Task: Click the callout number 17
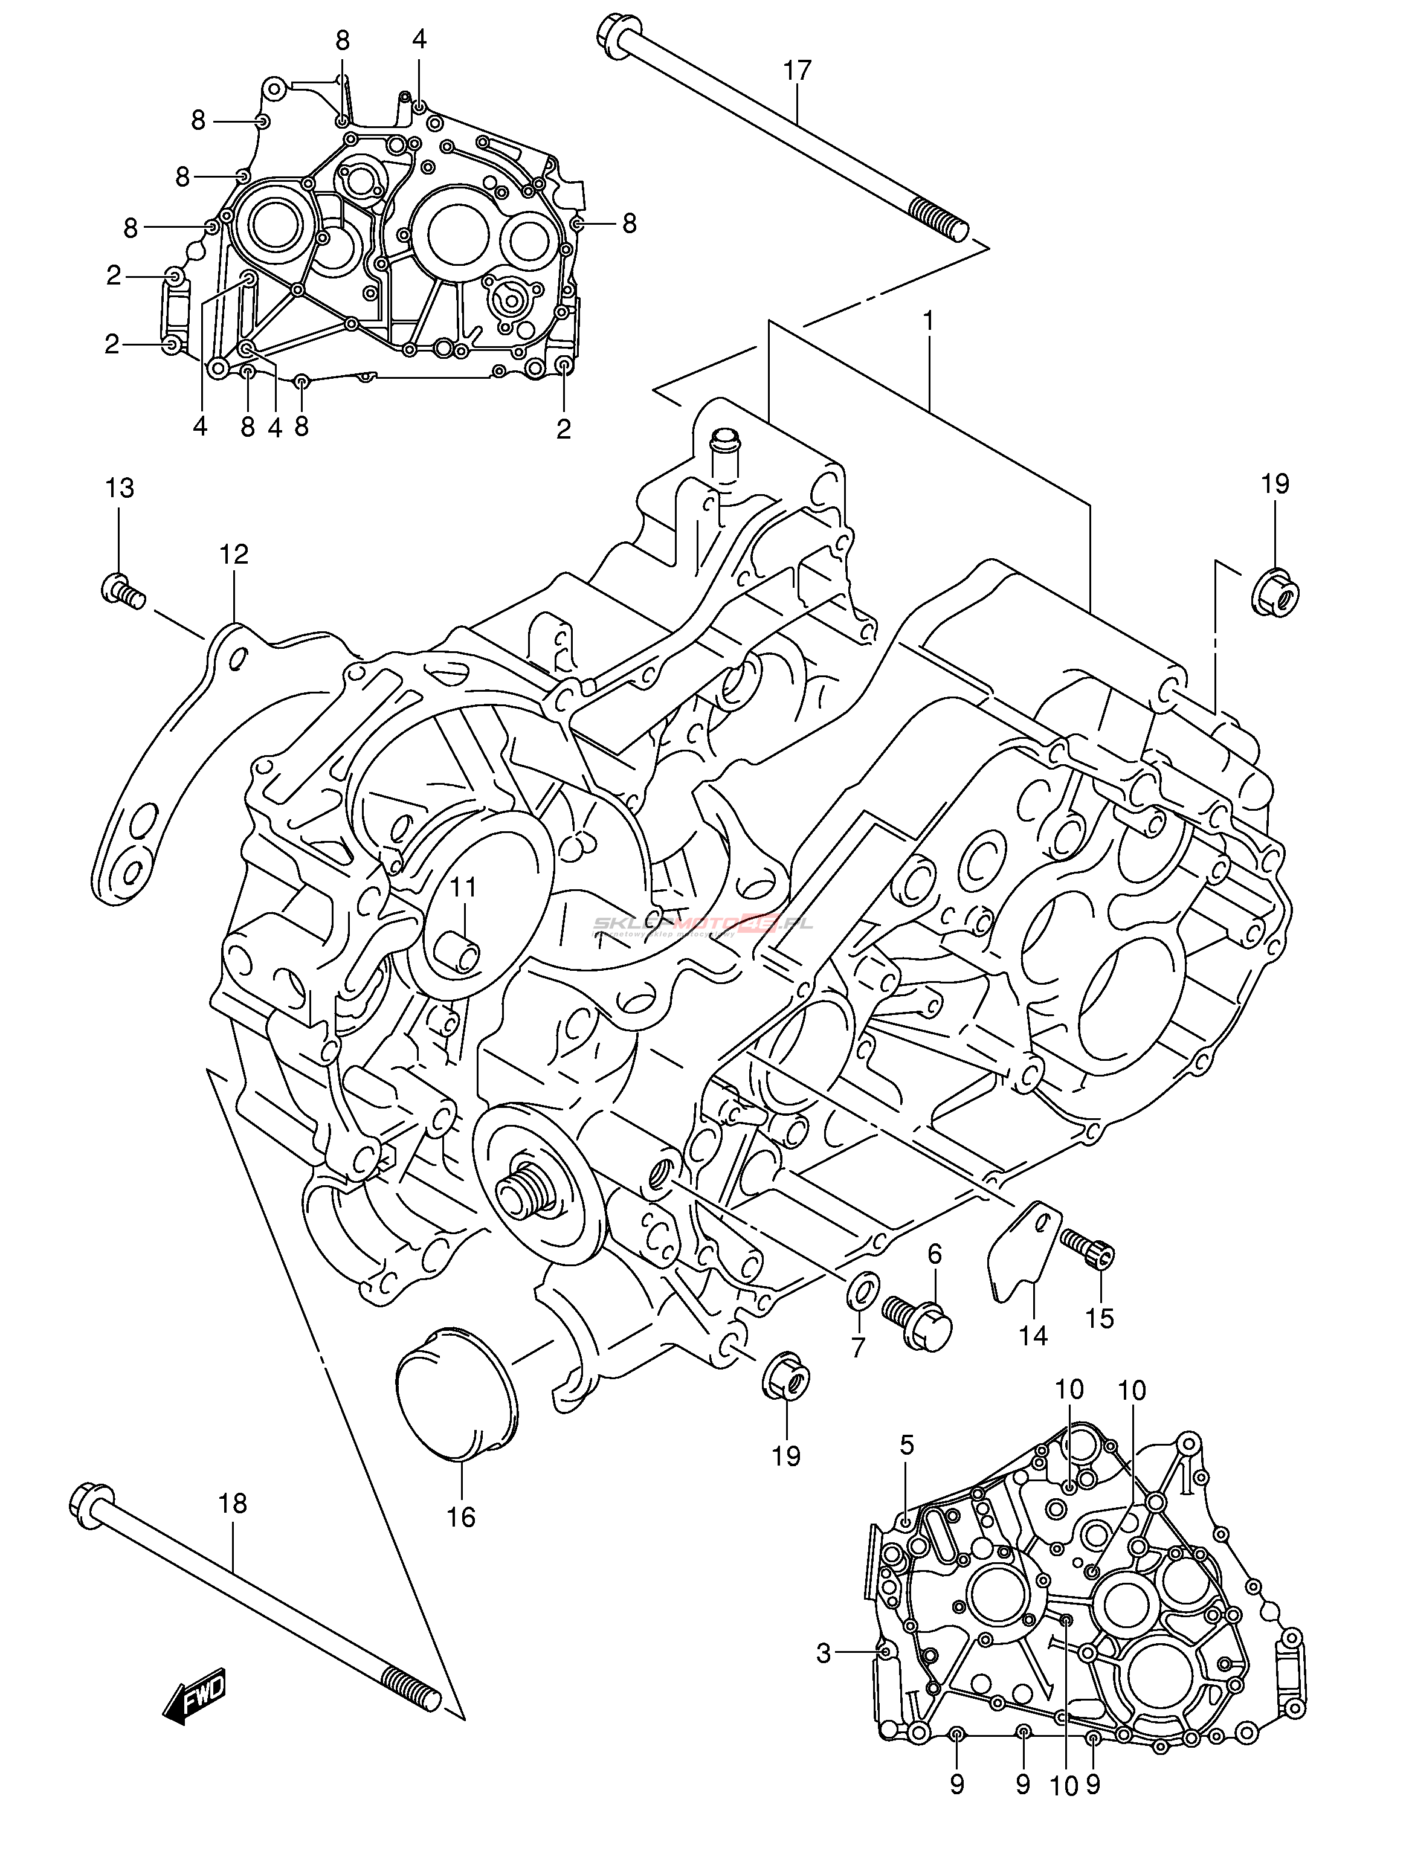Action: pyautogui.click(x=798, y=71)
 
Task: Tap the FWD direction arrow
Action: pyautogui.click(x=195, y=1696)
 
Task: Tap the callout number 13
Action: pyautogui.click(x=120, y=488)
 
